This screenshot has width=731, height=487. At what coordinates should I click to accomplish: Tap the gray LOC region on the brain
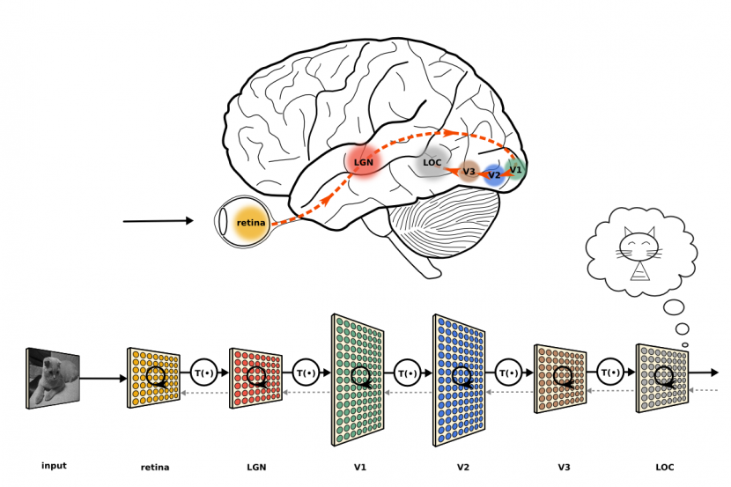click(432, 163)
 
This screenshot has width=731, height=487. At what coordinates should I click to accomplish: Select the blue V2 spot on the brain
click(494, 174)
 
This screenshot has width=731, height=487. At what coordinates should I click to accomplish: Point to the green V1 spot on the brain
click(516, 168)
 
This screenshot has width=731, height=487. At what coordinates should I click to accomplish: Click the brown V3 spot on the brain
click(469, 171)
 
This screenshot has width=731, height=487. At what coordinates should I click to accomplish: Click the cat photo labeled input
click(54, 378)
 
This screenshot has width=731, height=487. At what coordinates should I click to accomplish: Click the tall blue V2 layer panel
click(460, 379)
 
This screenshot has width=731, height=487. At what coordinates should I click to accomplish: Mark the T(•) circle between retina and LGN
click(204, 374)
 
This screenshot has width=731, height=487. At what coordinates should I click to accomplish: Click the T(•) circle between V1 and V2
click(408, 374)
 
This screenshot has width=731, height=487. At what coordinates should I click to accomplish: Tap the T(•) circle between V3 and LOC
click(610, 374)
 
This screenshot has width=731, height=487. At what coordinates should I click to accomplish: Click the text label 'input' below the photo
click(54, 466)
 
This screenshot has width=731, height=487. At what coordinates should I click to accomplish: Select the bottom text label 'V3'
click(565, 467)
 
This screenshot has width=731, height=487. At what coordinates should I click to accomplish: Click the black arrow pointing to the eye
click(159, 221)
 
